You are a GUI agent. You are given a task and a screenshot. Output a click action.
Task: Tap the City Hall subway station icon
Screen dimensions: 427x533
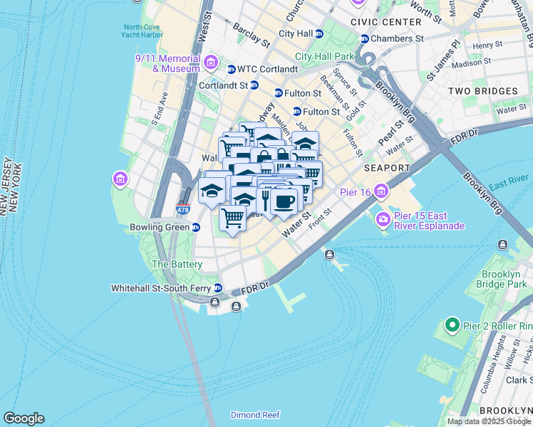click(319, 33)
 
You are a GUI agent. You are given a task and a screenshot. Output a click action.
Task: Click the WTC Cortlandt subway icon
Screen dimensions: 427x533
click(232, 69)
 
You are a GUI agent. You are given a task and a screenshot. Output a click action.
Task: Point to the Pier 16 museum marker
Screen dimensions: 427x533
click(382, 191)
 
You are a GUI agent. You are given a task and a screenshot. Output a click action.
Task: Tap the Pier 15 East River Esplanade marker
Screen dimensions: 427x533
click(383, 219)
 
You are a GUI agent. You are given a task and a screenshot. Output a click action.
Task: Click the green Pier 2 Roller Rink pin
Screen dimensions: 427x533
click(451, 326)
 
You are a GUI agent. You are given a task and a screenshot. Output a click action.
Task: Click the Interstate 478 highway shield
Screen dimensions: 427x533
click(183, 210)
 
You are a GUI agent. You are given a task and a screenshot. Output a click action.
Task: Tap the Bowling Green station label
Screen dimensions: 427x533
click(159, 228)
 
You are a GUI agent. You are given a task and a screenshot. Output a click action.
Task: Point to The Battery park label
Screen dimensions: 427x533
click(177, 264)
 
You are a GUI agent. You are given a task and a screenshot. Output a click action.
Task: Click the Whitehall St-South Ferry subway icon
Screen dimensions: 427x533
click(219, 289)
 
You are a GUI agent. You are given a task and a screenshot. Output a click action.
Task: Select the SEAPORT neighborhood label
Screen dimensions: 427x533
click(387, 168)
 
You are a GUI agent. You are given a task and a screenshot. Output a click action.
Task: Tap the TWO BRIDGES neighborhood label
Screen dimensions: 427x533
click(482, 91)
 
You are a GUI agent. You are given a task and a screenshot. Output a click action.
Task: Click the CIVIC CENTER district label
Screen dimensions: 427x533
click(381, 22)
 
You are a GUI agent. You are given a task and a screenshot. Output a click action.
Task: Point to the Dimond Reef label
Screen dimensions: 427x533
click(255, 415)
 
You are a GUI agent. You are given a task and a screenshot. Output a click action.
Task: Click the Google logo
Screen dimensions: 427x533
click(24, 418)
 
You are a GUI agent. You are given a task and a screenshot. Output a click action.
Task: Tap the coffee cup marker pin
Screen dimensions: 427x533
click(284, 201)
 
